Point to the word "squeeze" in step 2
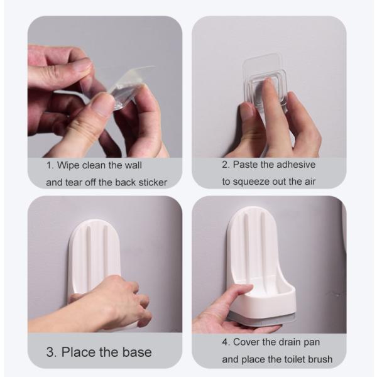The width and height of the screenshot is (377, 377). click(251, 182)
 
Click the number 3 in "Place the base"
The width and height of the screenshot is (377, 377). click(51, 352)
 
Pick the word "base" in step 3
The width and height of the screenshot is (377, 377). click(137, 352)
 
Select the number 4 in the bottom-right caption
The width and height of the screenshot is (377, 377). click(225, 342)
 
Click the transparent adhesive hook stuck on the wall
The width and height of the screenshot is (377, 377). click(265, 82)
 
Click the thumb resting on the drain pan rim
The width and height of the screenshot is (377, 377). click(240, 292)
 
